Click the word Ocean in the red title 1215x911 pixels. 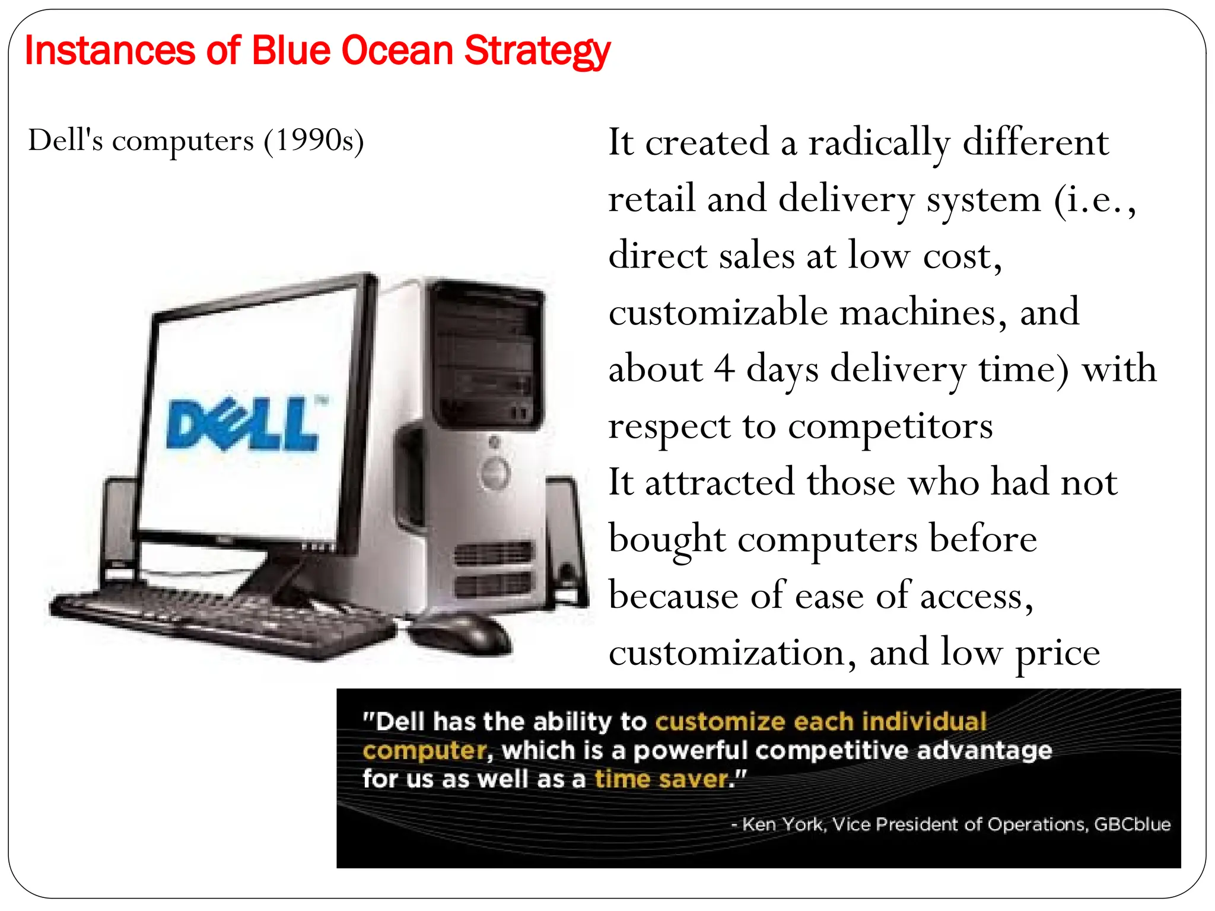coord(397,50)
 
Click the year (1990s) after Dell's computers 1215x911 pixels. coord(314,141)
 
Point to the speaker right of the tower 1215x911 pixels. coord(567,540)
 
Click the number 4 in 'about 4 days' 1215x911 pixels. coord(723,370)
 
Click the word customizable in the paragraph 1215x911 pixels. coord(718,313)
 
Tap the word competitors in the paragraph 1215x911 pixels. coord(890,426)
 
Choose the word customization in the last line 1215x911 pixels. coord(727,653)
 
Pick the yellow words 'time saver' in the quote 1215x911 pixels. coord(661,779)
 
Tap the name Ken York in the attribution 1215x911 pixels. coord(783,824)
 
